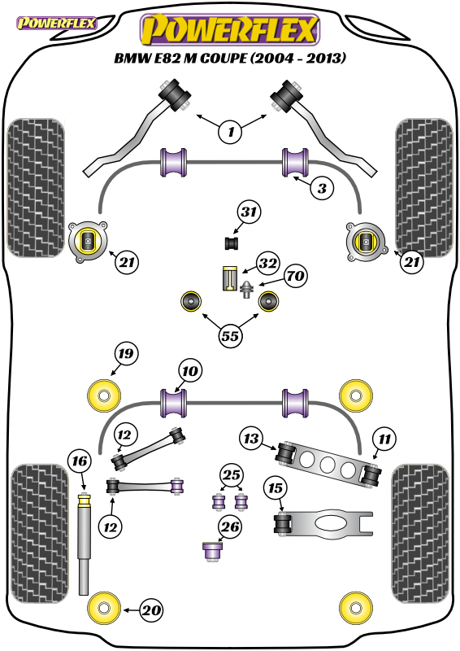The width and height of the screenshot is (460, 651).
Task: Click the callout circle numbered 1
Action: [x=231, y=132]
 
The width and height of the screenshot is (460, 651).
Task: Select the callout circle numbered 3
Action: [x=323, y=189]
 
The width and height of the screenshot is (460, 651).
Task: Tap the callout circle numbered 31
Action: [x=249, y=212]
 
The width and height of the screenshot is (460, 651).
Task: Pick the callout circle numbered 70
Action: [x=295, y=276]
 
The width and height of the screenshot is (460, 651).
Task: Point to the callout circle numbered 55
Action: [x=230, y=335]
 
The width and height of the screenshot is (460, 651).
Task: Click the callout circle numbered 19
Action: [x=126, y=354]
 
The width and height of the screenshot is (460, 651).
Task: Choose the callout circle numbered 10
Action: [x=190, y=371]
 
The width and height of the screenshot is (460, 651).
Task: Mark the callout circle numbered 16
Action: [x=80, y=461]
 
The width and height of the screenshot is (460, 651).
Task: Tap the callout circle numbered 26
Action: [x=230, y=527]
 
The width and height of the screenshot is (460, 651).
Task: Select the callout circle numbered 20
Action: [x=151, y=610]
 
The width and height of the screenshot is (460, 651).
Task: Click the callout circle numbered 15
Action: [x=276, y=488]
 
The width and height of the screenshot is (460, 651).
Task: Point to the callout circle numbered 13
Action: [x=251, y=439]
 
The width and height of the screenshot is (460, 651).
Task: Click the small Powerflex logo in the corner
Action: [x=56, y=23]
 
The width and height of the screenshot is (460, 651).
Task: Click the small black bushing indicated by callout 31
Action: [x=232, y=243]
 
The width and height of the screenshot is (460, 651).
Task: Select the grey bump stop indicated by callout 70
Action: [x=247, y=290]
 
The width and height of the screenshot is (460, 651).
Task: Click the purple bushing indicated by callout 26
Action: [x=213, y=551]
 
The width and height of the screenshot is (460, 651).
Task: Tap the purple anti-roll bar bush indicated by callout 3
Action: [x=295, y=162]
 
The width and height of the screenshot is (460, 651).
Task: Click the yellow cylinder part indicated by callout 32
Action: [x=229, y=278]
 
